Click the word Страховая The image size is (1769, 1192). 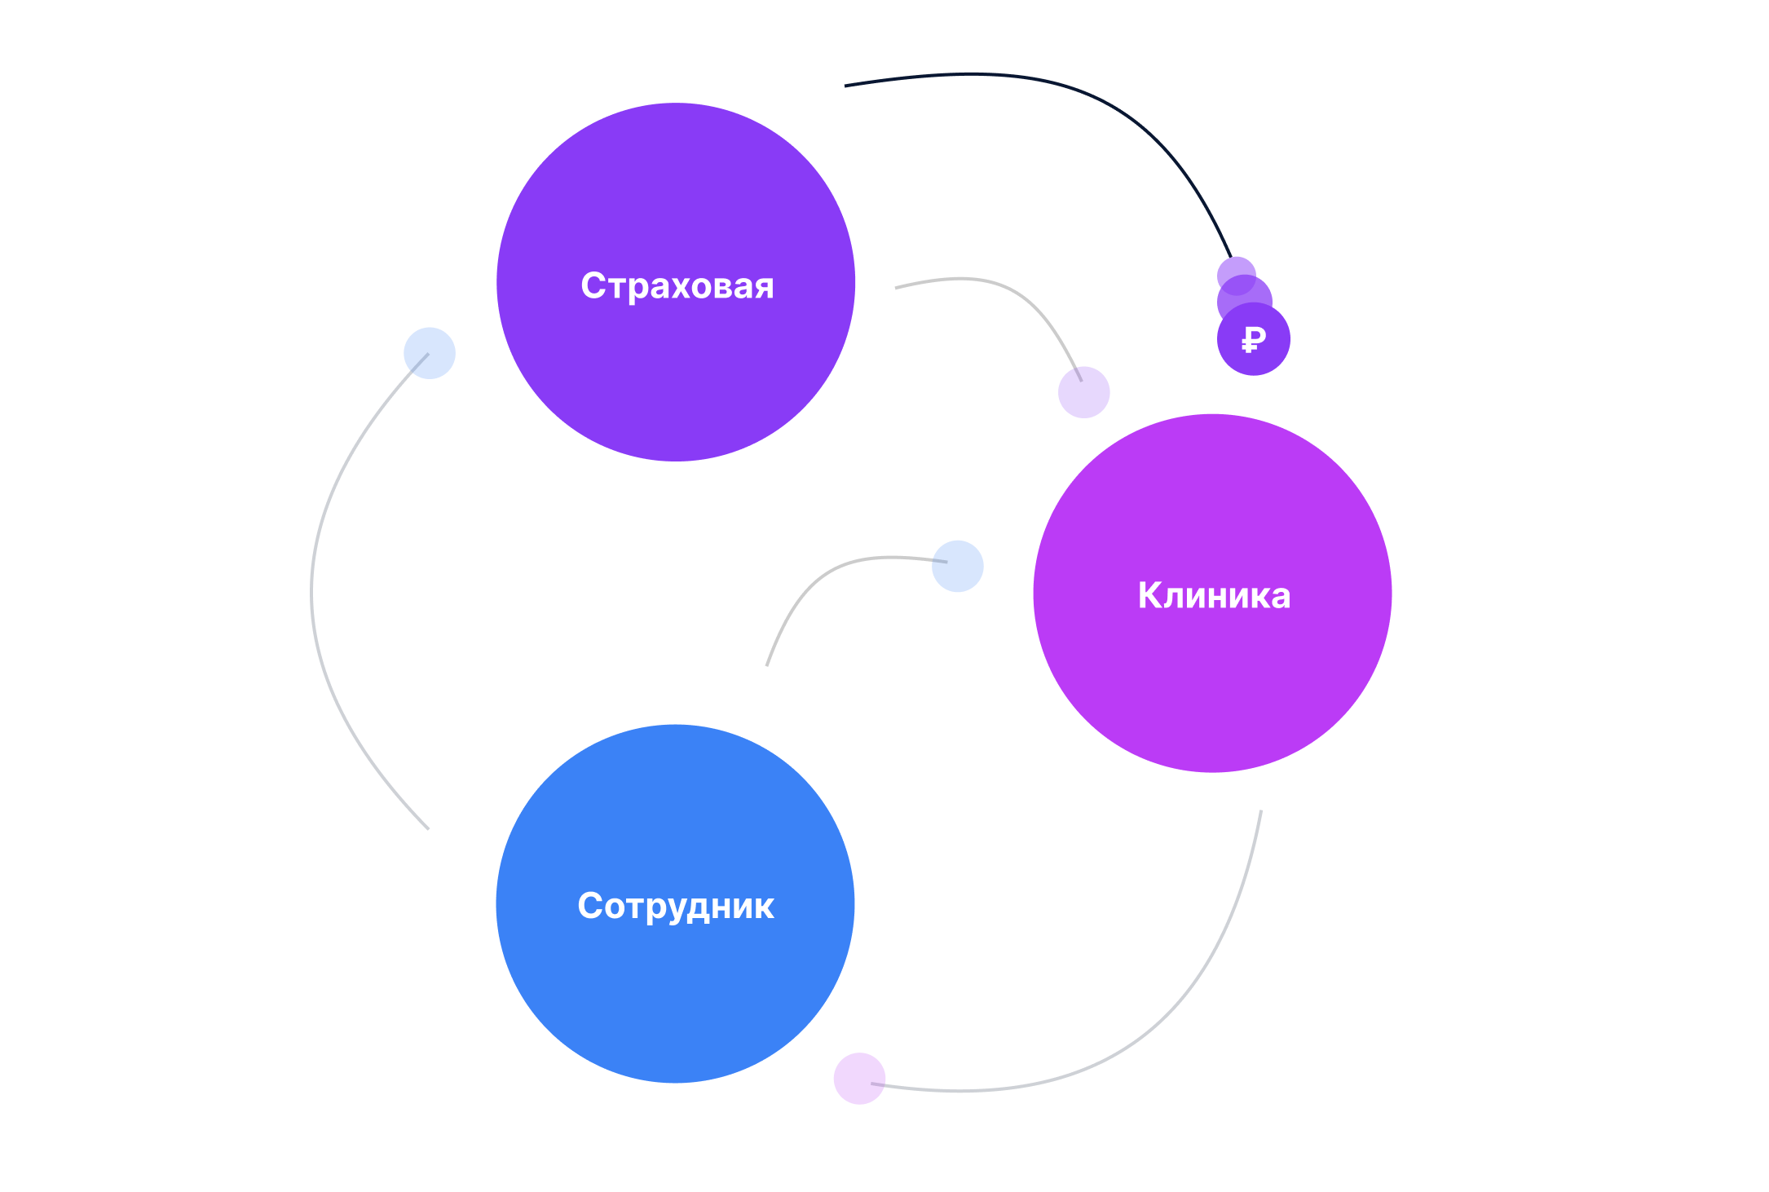click(677, 286)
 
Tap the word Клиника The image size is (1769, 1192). click(1214, 595)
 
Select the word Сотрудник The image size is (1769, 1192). click(676, 906)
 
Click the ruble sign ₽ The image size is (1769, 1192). click(1254, 339)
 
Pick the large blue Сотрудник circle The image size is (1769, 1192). click(675, 995)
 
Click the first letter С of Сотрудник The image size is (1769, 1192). click(590, 906)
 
